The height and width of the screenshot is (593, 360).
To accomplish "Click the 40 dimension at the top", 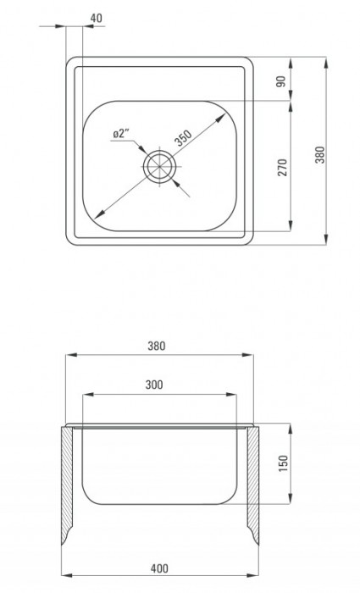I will pyautogui.click(x=94, y=16).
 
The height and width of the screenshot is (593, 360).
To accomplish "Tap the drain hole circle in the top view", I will pyautogui.click(x=158, y=167).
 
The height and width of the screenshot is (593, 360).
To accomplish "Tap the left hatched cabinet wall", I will pyautogui.click(x=68, y=483).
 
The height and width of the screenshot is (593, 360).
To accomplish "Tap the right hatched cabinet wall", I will pyautogui.click(x=252, y=483).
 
